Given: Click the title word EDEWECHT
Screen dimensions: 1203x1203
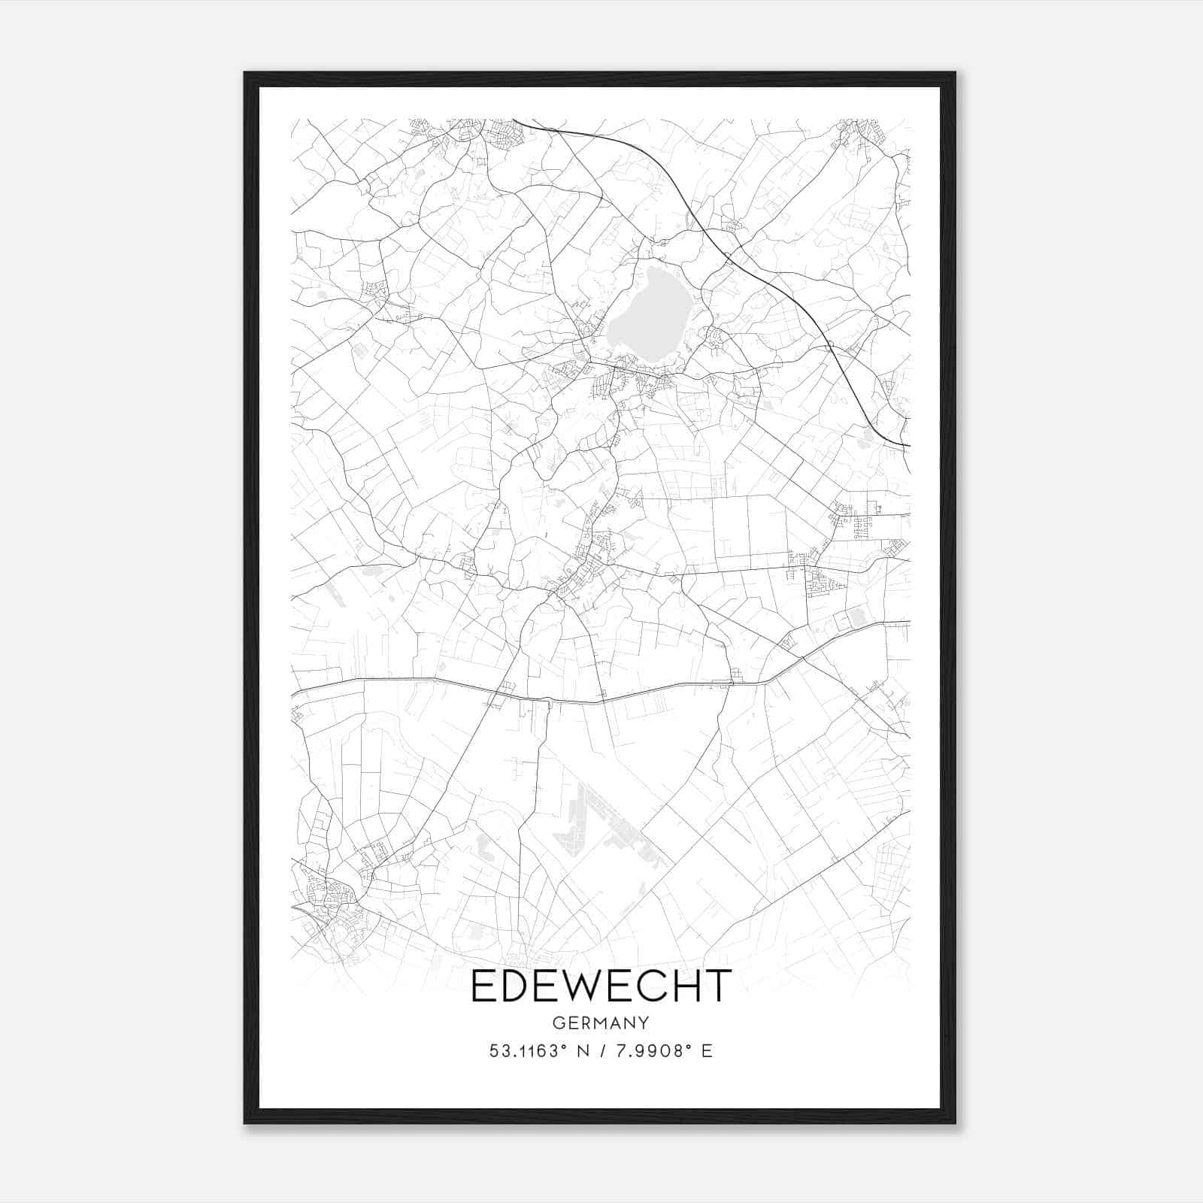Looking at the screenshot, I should tap(601, 986).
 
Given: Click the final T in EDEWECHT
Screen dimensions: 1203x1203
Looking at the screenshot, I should tap(718, 986).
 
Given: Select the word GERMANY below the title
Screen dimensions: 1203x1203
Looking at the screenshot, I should tap(601, 1023).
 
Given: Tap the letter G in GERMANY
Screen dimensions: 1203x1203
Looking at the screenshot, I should tap(558, 1023).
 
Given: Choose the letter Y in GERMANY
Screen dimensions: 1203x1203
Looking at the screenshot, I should tap(644, 1023).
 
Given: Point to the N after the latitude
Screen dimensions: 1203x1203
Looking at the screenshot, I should tap(583, 1051).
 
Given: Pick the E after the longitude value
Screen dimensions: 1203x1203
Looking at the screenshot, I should tap(707, 1051).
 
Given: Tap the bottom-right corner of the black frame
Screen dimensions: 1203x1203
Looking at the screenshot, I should tap(955, 1123).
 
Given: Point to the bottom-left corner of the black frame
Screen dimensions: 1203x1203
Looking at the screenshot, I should tap(245, 1123).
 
